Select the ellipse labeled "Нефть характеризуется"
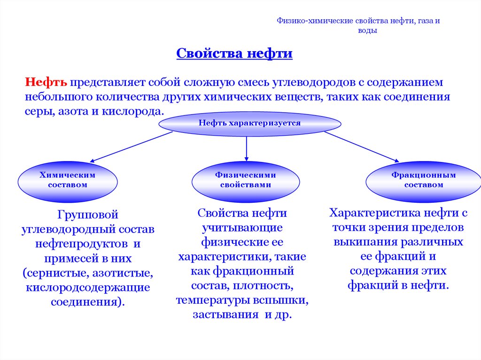coord(249,123)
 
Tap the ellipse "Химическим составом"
coord(67,180)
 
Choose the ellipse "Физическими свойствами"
coord(246,180)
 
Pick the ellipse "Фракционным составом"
coord(424,180)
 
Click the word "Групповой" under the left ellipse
coord(87,215)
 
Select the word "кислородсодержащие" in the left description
coord(88,287)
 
